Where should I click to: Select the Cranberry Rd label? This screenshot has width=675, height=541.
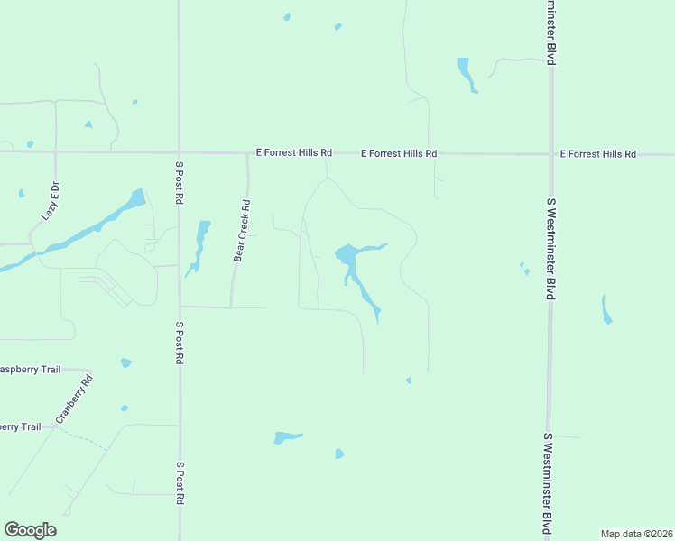(x=74, y=400)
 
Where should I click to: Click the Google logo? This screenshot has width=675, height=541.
(x=30, y=530)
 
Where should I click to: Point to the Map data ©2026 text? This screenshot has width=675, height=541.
(x=636, y=534)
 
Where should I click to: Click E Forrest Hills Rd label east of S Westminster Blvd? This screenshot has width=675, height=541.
(x=597, y=154)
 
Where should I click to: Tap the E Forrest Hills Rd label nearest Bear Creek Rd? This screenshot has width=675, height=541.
(x=294, y=154)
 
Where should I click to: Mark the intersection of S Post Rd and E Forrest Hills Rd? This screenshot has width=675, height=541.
(x=179, y=152)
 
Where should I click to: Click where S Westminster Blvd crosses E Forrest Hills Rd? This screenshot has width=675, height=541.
(x=550, y=154)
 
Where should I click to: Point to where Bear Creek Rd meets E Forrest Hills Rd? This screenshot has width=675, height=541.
(x=248, y=153)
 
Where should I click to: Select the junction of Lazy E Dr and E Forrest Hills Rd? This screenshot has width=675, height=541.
(x=56, y=152)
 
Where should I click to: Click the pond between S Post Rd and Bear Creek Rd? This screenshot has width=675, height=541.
(x=200, y=242)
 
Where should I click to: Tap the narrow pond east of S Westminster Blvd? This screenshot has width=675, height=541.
(x=606, y=311)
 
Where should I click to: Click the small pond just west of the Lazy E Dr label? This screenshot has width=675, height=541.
(x=21, y=193)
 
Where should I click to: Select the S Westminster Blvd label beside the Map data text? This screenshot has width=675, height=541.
(x=547, y=482)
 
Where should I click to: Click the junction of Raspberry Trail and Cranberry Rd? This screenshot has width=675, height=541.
(x=90, y=370)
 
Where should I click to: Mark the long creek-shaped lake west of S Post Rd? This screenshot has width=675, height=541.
(x=81, y=234)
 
